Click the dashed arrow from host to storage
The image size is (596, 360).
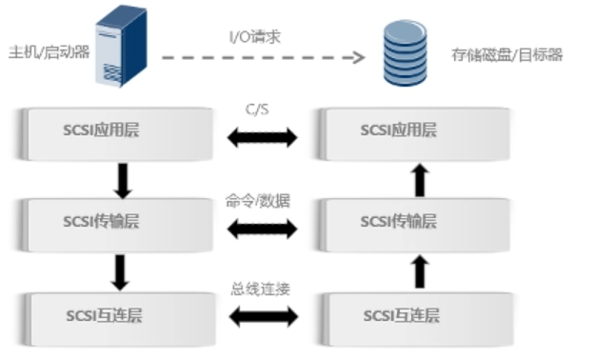tap(263, 57)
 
